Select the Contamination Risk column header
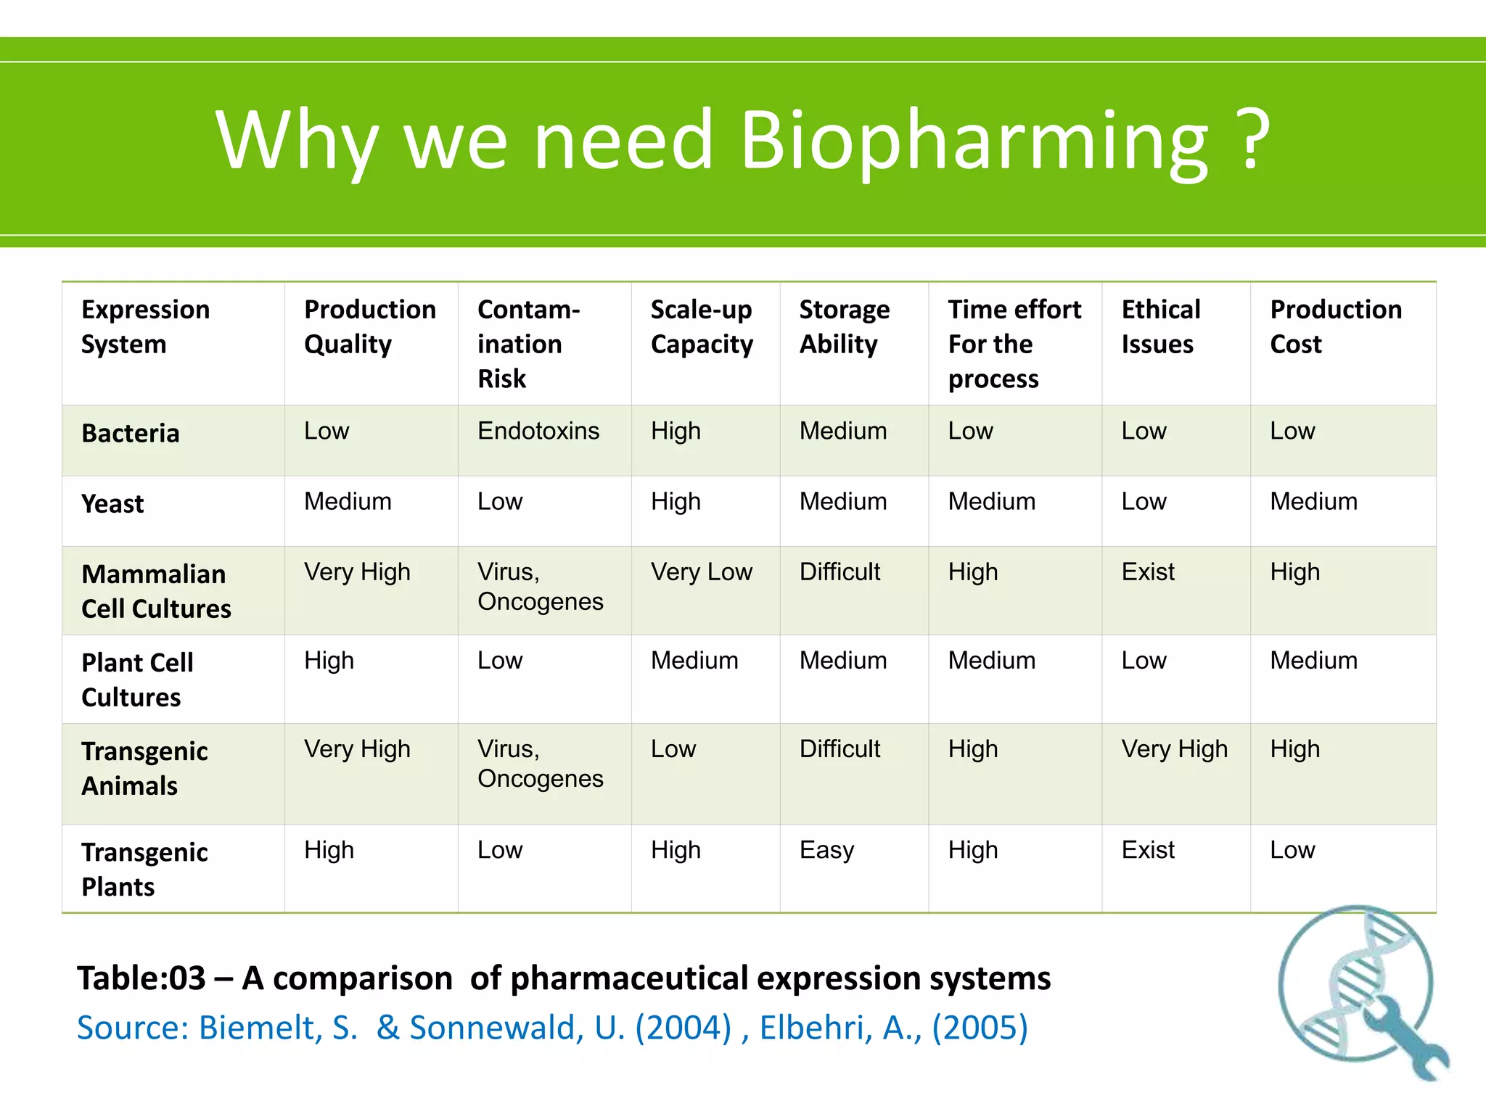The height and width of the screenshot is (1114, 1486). click(x=528, y=344)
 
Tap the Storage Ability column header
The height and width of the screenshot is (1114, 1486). click(x=844, y=326)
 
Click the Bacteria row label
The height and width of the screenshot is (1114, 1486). click(x=131, y=433)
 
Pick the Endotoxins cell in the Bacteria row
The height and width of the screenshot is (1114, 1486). click(x=538, y=431)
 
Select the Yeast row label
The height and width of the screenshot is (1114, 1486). click(x=112, y=503)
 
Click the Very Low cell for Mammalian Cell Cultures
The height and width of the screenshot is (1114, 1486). click(x=701, y=572)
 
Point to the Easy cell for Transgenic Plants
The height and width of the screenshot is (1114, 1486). click(x=826, y=850)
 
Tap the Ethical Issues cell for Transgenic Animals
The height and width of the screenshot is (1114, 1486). click(x=1174, y=749)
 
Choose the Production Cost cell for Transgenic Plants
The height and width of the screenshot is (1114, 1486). click(x=1292, y=850)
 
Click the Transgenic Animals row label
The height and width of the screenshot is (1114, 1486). click(x=144, y=768)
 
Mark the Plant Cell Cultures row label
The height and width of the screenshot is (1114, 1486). click(x=137, y=680)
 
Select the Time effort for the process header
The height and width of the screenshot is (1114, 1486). click(x=1014, y=344)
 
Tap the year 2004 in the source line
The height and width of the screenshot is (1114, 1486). click(x=683, y=1028)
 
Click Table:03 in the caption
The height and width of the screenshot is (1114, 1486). click(x=141, y=978)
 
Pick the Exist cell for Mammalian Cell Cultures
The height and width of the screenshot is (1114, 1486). click(x=1147, y=572)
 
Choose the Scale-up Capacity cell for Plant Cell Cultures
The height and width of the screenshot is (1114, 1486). click(x=694, y=661)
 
